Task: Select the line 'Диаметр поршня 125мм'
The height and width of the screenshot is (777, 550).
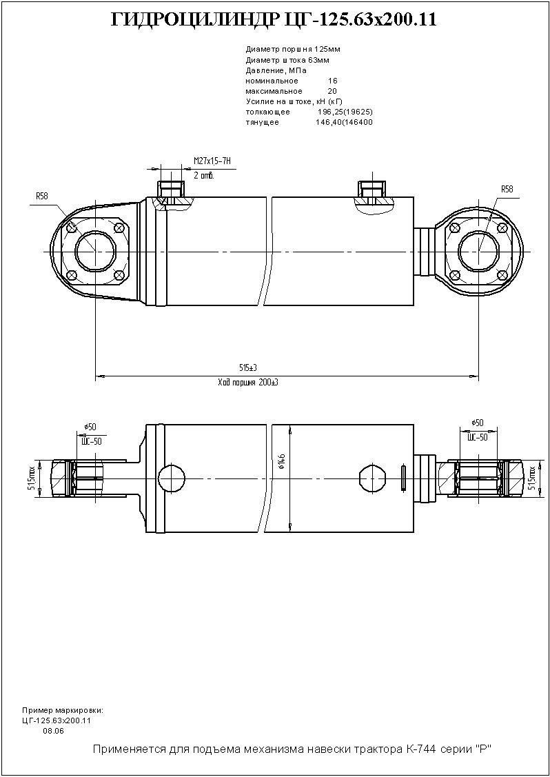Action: [x=292, y=50]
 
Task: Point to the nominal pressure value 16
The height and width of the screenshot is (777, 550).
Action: [x=332, y=81]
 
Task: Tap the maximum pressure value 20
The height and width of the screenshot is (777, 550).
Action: [x=332, y=91]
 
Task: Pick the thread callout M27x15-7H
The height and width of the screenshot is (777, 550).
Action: [x=211, y=161]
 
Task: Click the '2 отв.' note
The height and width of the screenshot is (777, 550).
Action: [x=204, y=175]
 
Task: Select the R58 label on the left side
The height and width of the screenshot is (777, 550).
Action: [x=42, y=196]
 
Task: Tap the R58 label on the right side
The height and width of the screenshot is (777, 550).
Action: [x=507, y=189]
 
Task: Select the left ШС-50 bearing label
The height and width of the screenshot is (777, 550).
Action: [x=91, y=441]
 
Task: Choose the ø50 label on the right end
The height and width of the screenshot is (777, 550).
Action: [x=477, y=423]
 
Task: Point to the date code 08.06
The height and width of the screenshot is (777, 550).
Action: [x=53, y=731]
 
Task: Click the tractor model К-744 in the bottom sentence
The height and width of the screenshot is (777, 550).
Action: [x=414, y=749]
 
